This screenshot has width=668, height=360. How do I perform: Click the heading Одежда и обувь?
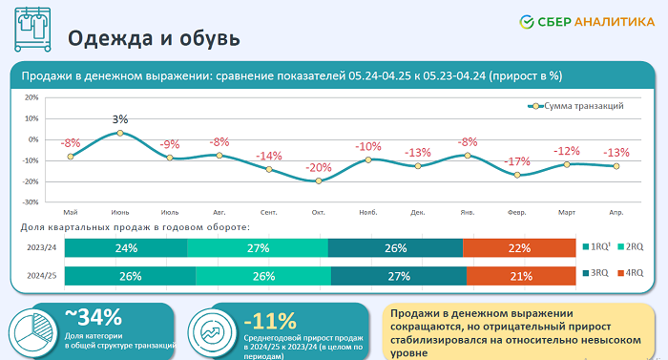point(152,38)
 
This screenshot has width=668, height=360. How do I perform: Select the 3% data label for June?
point(120,119)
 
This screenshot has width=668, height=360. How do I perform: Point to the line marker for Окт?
point(319,180)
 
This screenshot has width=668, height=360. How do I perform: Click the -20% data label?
point(319,167)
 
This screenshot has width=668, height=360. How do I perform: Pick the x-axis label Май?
point(71,211)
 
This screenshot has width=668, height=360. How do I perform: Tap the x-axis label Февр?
point(517,211)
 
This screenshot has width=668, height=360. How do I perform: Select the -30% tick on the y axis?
point(31,202)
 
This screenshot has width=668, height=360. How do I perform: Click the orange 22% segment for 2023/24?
point(519,248)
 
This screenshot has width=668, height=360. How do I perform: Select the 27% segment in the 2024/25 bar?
point(399,276)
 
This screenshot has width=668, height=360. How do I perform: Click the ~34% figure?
point(94,316)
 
